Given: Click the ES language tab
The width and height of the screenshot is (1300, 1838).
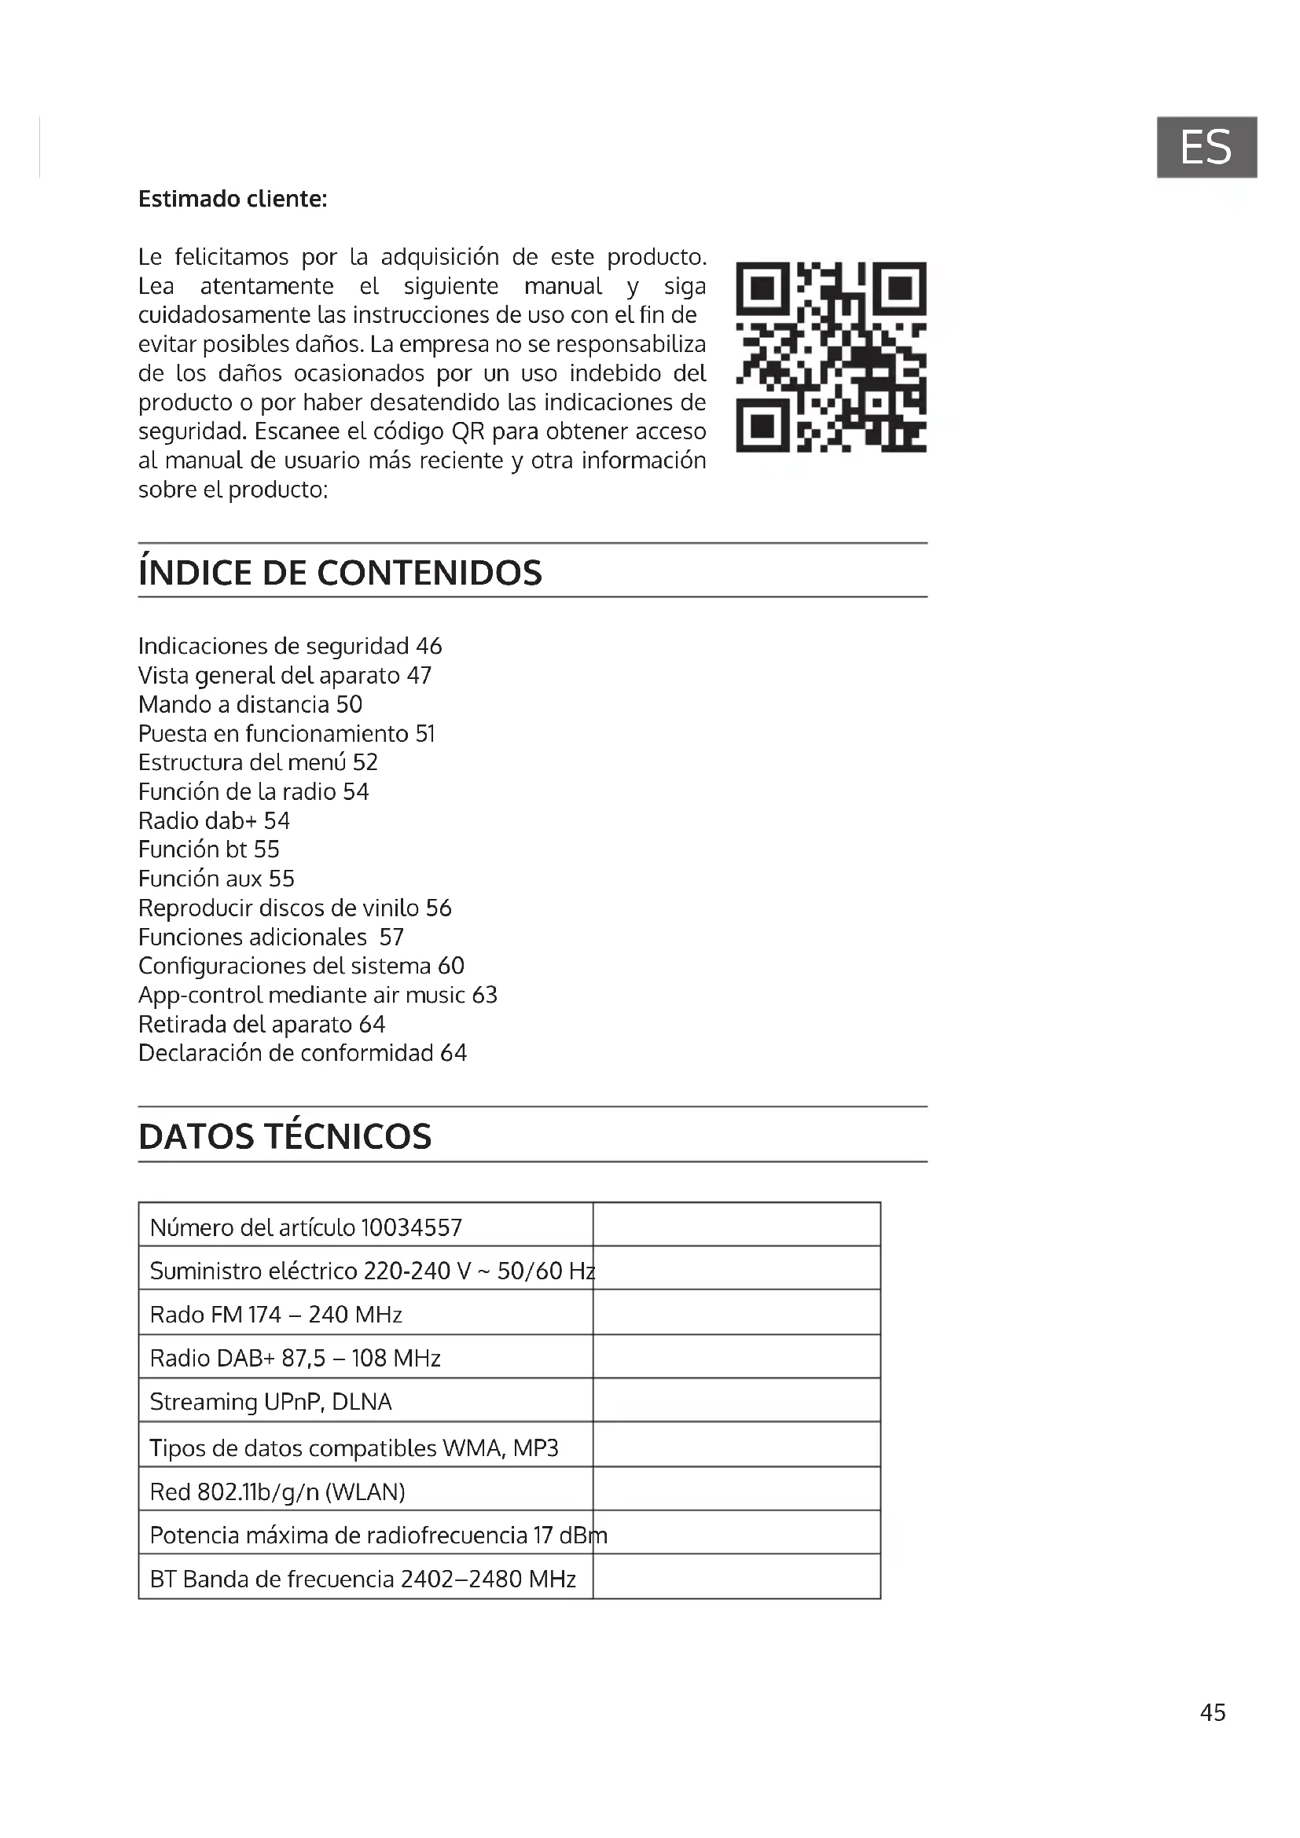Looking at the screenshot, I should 1206,147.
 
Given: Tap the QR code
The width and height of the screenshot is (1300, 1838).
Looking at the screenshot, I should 831,357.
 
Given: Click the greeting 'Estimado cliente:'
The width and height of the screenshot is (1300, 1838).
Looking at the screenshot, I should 233,199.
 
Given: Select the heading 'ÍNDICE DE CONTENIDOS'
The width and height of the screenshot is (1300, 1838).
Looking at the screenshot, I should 340,572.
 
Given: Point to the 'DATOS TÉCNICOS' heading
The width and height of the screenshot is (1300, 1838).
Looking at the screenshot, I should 285,1136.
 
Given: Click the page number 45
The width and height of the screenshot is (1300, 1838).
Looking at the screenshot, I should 1213,1712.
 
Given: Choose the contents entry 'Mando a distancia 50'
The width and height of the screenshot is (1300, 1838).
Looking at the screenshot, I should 251,704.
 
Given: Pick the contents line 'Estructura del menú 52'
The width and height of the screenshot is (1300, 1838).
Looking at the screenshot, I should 258,762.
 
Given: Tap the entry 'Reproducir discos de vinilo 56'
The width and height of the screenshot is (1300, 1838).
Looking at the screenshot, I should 295,908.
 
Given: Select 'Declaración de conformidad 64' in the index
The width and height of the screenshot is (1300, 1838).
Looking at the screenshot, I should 303,1053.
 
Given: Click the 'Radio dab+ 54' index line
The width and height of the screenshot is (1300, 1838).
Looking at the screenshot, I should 214,820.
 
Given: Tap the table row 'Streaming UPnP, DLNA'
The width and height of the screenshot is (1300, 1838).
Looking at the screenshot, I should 270,1402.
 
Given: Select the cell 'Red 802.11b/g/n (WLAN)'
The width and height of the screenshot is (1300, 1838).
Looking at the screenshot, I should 277,1491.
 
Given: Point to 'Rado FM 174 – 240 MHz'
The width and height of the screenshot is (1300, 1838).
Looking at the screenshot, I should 276,1315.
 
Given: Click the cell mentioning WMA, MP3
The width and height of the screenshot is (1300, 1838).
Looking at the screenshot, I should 354,1447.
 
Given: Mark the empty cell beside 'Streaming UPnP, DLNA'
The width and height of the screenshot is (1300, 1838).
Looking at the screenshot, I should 736,1402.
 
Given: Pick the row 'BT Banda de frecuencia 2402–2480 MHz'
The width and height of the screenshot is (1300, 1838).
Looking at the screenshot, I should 362,1579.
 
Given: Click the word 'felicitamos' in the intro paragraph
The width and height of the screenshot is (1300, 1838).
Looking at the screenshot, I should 231,257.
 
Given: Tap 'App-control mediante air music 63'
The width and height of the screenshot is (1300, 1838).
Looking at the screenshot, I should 318,995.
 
